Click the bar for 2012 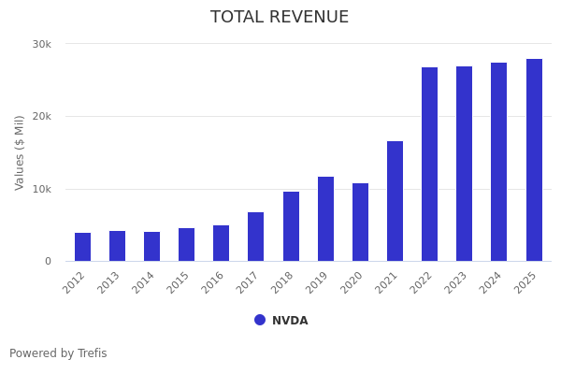82,247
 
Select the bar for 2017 256,237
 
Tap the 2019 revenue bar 325,219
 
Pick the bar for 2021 395,201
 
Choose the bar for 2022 429,164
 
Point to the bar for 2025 534,160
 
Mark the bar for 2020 360,222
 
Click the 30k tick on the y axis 41,44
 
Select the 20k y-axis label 41,117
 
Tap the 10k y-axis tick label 41,189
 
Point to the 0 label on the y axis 48,262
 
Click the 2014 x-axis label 144,283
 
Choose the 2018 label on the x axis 283,283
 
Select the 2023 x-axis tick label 456,283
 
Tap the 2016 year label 213,283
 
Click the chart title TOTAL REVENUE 280,18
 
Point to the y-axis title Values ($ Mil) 20,152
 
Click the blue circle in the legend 260,320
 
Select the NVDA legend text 290,321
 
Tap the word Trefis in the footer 92,353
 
